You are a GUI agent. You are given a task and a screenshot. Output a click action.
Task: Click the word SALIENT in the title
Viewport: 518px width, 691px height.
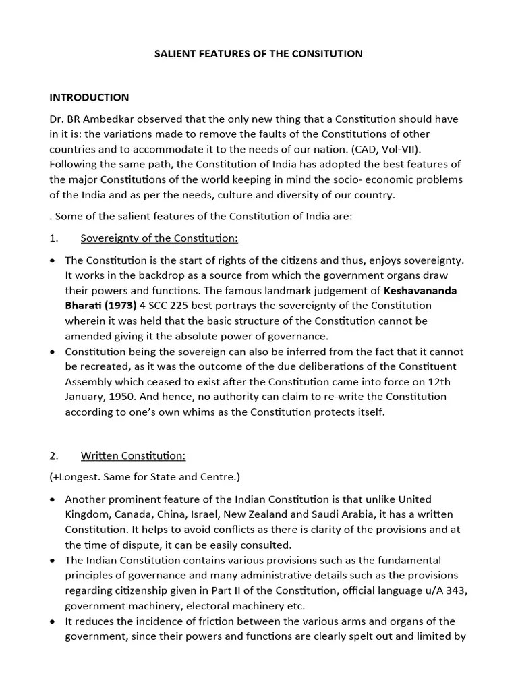(x=175, y=53)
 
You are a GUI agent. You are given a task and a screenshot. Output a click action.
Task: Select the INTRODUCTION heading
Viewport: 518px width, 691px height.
(x=89, y=97)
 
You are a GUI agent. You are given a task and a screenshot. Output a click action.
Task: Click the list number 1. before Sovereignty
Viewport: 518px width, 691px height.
(x=54, y=238)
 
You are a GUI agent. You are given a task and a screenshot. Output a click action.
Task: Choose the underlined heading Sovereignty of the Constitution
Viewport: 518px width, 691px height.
(x=159, y=238)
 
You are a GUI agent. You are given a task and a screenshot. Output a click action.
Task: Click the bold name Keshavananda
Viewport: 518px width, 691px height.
(x=420, y=291)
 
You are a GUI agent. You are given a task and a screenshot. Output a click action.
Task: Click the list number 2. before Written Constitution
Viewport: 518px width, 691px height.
(x=54, y=455)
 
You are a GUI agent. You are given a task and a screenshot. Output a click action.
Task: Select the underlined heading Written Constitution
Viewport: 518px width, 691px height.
(x=133, y=455)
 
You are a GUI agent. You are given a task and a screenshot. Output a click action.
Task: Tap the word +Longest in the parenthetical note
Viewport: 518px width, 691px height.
(x=76, y=477)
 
